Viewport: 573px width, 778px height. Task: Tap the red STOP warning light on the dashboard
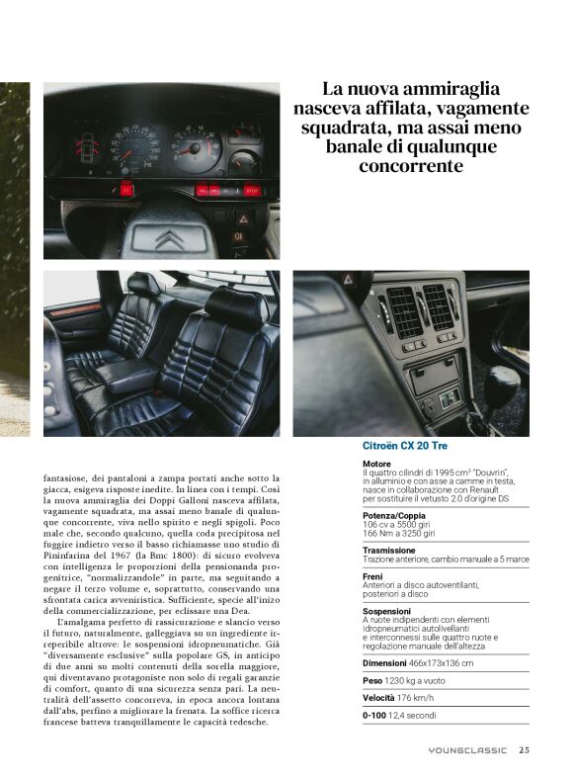click(251, 190)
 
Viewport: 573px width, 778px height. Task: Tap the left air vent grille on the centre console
click(405, 311)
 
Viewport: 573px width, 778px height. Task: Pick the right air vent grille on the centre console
click(439, 306)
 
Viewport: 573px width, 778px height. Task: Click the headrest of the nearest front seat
click(235, 307)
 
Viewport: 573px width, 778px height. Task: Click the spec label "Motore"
click(376, 463)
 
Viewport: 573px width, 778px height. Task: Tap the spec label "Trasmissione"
click(388, 550)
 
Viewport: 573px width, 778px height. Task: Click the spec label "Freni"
click(372, 575)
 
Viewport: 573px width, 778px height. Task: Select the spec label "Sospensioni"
click(386, 610)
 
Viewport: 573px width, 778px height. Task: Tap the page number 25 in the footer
click(524, 749)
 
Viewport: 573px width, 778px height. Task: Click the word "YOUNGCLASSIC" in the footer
click(468, 750)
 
